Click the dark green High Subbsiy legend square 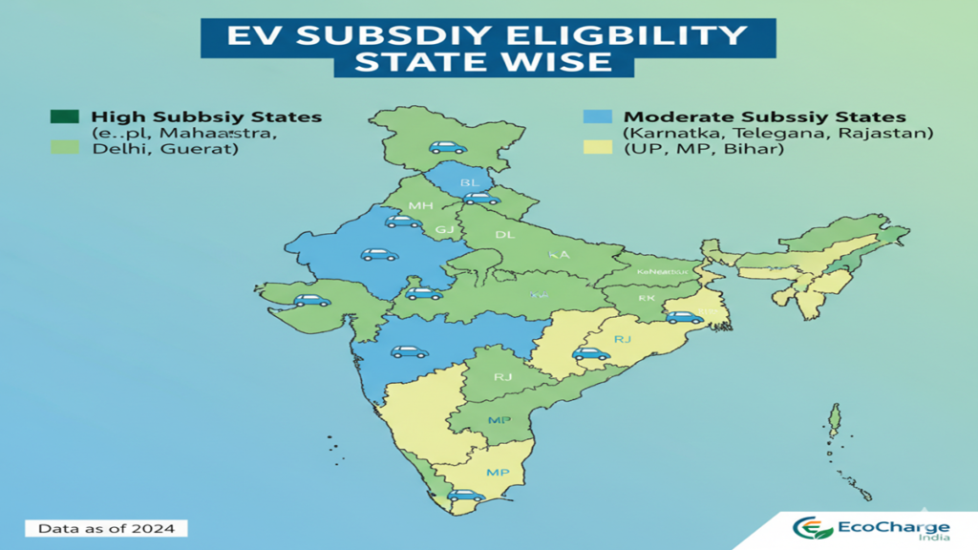click(63, 116)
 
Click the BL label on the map click(470, 182)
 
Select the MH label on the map click(420, 206)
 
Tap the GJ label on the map click(444, 230)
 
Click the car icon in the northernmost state click(446, 147)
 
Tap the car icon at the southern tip click(466, 495)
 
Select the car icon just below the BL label click(481, 198)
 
